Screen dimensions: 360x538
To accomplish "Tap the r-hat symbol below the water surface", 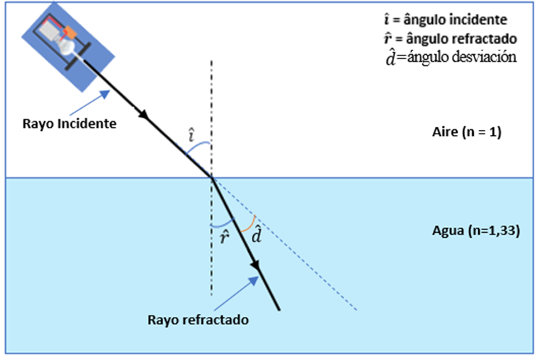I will (223, 235).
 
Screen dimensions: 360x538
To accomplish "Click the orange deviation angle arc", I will (250, 221).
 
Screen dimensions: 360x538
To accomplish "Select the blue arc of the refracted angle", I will (222, 222).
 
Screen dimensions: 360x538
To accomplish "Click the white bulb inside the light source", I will (68, 46).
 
